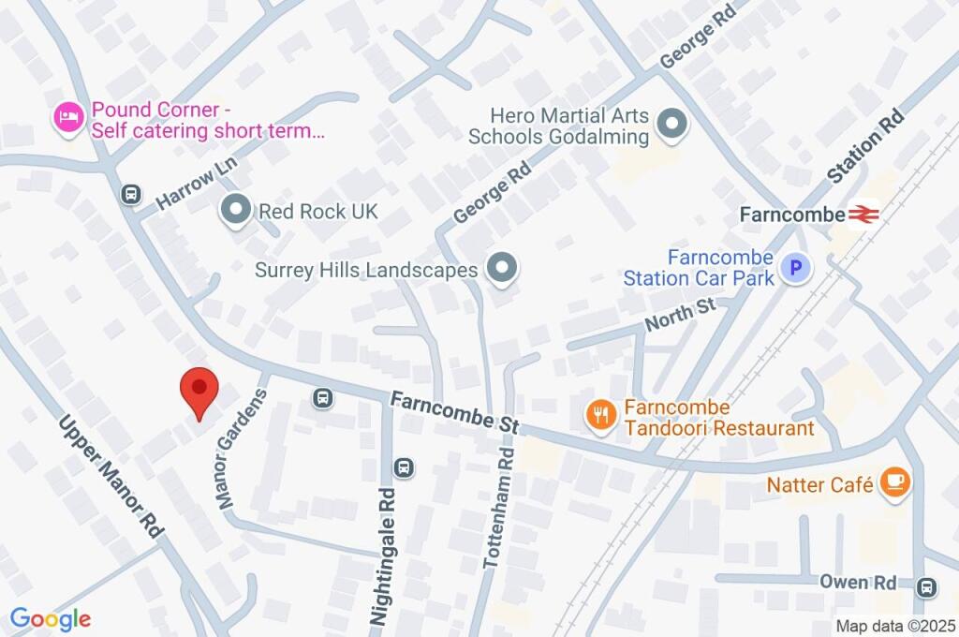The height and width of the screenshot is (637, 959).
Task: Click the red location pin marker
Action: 199,389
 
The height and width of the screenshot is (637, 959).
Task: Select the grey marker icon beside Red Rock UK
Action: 235,211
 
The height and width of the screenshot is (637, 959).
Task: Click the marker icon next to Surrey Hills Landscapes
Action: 504,270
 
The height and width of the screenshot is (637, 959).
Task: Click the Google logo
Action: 51,619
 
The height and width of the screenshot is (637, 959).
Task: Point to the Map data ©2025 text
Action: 894,626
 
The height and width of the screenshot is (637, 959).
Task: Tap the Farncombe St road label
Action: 454,411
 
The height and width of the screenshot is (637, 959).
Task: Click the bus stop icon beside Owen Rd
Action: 927,587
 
